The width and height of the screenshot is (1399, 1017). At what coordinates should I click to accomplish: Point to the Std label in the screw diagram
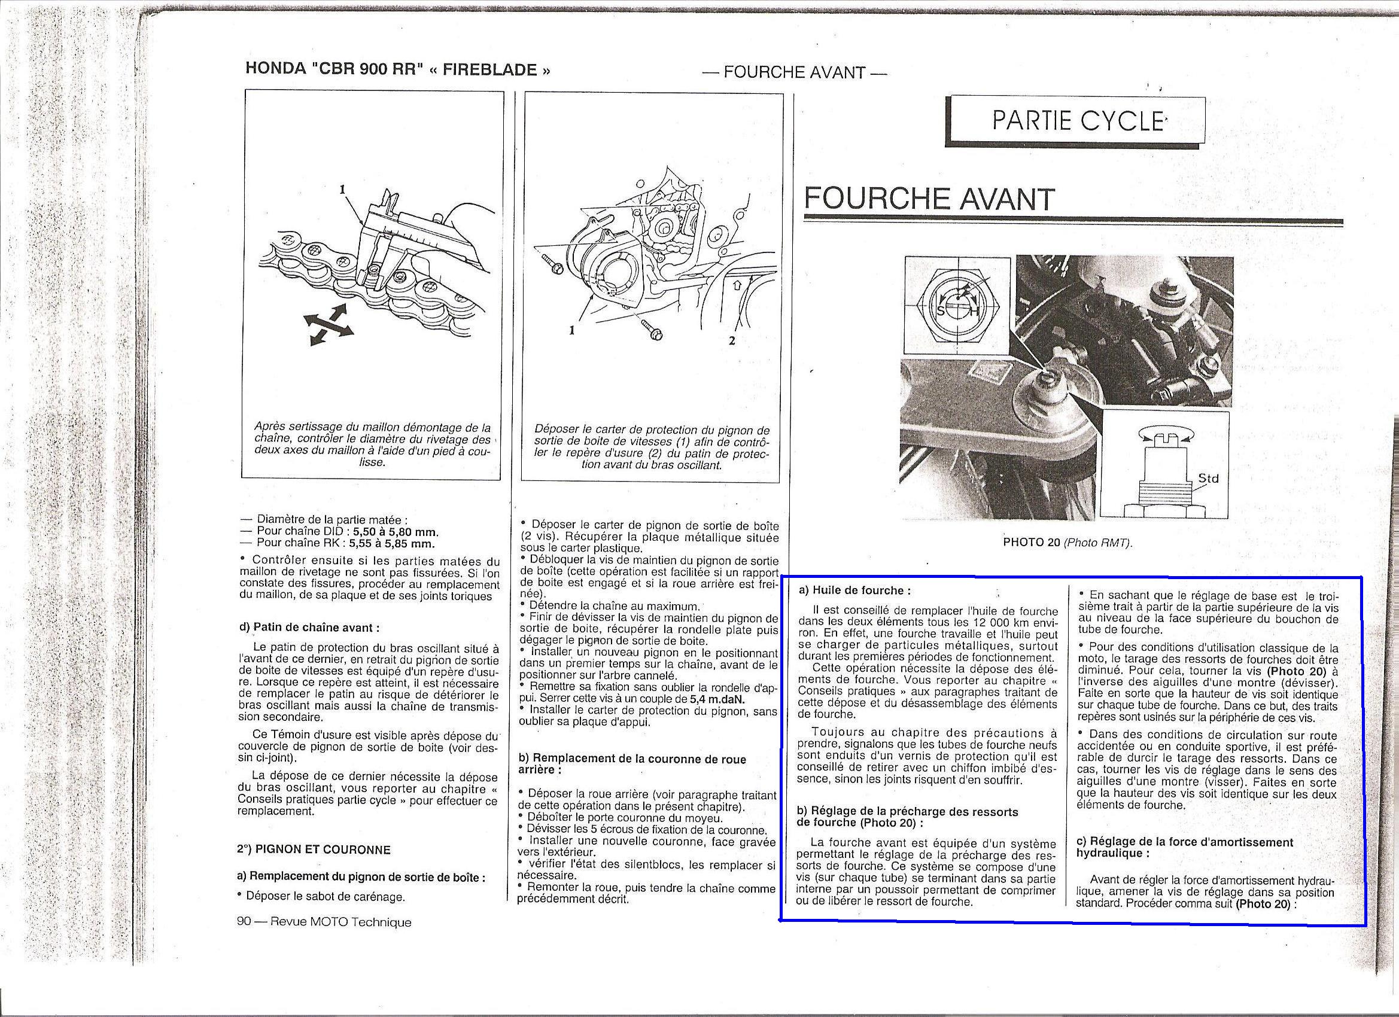[x=1208, y=478]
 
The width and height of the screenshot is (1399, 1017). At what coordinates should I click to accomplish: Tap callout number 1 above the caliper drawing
[x=342, y=190]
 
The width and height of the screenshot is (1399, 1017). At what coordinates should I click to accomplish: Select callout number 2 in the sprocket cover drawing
[x=732, y=340]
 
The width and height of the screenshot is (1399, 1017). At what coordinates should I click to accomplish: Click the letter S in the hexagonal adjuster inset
[x=941, y=312]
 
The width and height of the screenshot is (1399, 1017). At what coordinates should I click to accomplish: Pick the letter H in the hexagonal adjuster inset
[x=975, y=312]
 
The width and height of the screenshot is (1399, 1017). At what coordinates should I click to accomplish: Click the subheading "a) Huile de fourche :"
[x=854, y=590]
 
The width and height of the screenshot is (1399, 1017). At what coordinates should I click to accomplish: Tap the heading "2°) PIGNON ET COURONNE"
[x=314, y=849]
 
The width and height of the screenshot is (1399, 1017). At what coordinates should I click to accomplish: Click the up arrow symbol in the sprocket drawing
[x=738, y=286]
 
